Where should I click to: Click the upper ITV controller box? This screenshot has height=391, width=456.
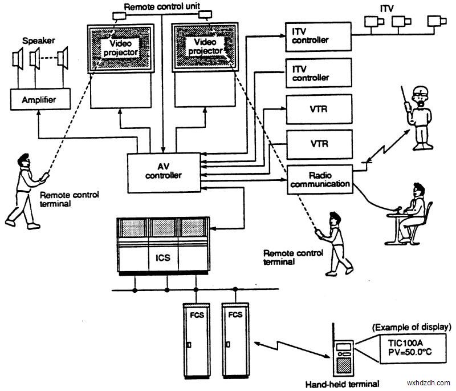point(317,36)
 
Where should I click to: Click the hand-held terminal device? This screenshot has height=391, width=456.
point(344,353)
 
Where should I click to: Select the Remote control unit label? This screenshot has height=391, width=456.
point(162,7)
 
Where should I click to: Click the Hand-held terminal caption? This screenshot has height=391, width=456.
point(342,384)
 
